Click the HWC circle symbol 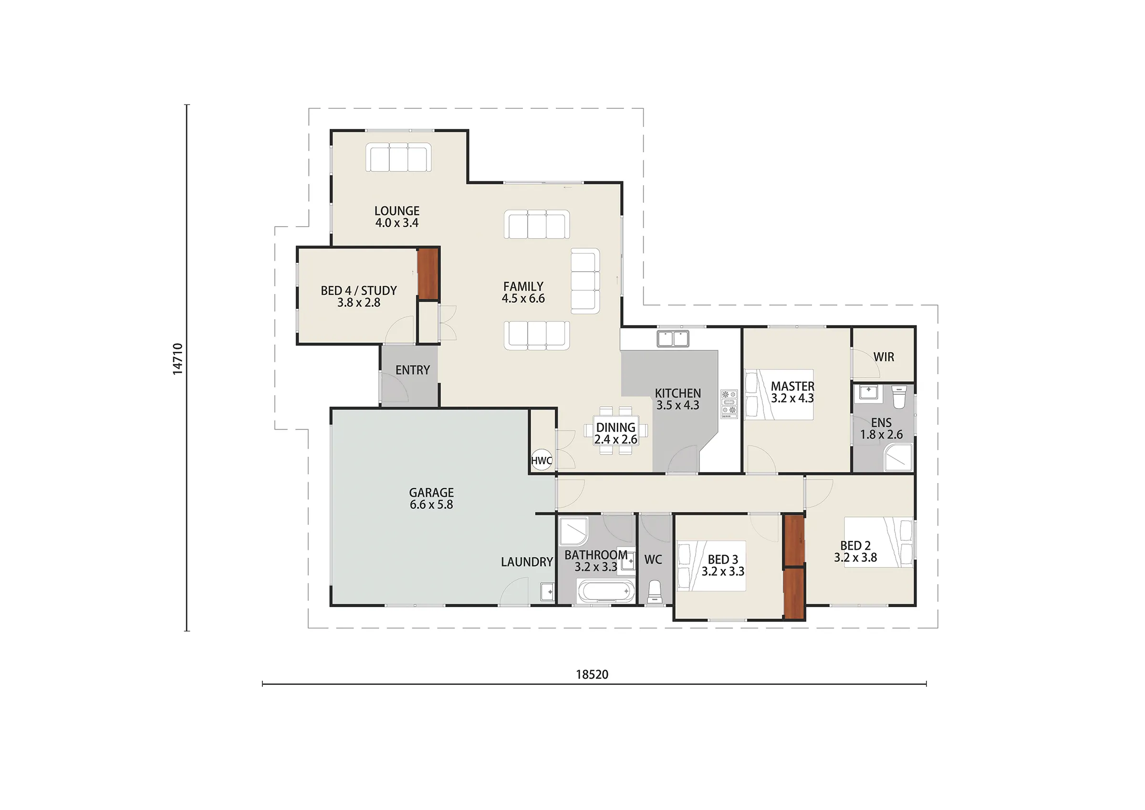[541, 460]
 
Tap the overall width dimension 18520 [592, 675]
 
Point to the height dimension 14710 [177, 359]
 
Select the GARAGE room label [431, 493]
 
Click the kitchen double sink [673, 338]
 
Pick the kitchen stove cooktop [729, 404]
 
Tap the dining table [616, 430]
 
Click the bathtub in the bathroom [606, 591]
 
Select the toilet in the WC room [654, 592]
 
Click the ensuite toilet [899, 397]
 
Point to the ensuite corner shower [899, 457]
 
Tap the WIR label [884, 357]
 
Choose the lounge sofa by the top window [398, 157]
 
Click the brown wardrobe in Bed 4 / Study [427, 274]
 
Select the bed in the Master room [779, 394]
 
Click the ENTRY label [412, 370]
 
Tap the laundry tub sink [548, 591]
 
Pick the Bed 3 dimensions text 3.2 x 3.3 [723, 571]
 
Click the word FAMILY [523, 286]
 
